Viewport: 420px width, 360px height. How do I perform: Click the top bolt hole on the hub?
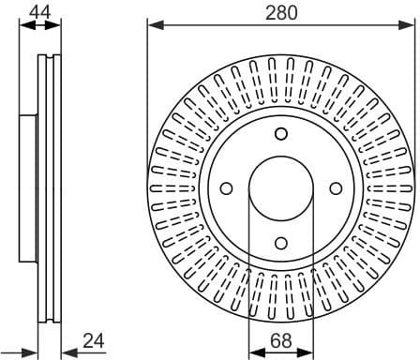pyautogui.click(x=280, y=134)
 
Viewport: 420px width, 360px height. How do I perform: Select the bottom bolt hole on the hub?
pyautogui.click(x=280, y=243)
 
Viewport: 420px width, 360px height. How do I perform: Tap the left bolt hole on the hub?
pyautogui.click(x=226, y=188)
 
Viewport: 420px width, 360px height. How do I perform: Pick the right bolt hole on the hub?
pyautogui.click(x=335, y=188)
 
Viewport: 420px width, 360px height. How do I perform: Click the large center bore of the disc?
pyautogui.click(x=280, y=188)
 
